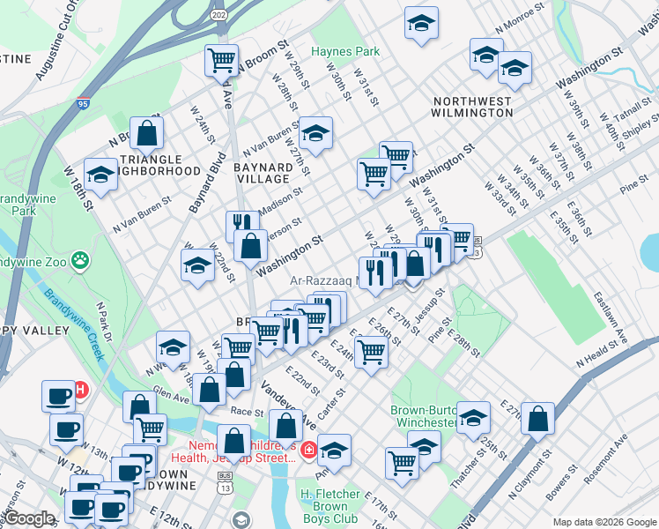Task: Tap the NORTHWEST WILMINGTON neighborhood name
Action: (x=471, y=108)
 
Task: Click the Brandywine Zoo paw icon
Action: (x=81, y=260)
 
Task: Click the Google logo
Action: (x=29, y=519)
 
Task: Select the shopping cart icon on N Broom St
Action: (x=221, y=59)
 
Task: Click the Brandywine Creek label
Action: (x=74, y=324)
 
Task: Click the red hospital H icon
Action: (x=80, y=388)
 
